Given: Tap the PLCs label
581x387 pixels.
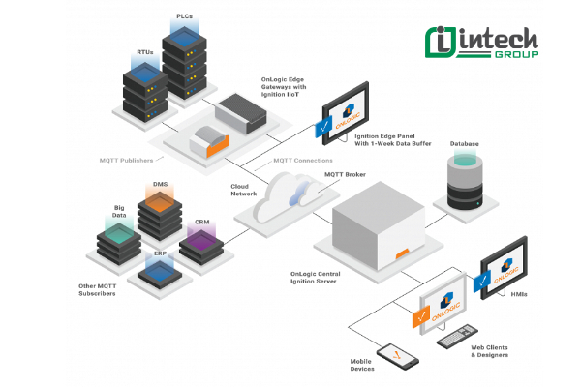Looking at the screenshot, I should pyautogui.click(x=183, y=17).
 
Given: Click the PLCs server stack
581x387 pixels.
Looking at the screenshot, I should pyautogui.click(x=183, y=63).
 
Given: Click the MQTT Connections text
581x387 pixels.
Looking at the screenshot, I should pyautogui.click(x=303, y=160).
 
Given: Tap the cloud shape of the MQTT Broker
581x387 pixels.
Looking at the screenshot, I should pyautogui.click(x=290, y=194).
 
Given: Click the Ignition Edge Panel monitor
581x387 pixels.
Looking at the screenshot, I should pyautogui.click(x=344, y=122).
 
